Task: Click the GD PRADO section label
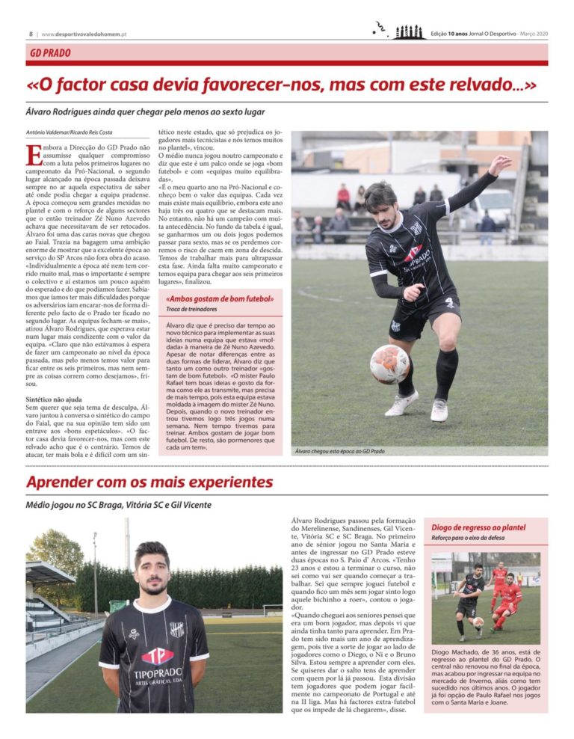pyautogui.click(x=51, y=53)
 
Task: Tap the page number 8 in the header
pyautogui.click(x=31, y=34)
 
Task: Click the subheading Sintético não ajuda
pyautogui.click(x=56, y=399)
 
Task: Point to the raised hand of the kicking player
pyautogui.click(x=500, y=162)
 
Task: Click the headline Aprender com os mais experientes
pyautogui.click(x=149, y=482)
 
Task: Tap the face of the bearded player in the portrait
pyautogui.click(x=152, y=568)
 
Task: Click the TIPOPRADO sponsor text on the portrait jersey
pyautogui.click(x=158, y=672)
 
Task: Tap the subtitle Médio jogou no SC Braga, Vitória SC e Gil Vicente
pyautogui.click(x=119, y=505)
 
